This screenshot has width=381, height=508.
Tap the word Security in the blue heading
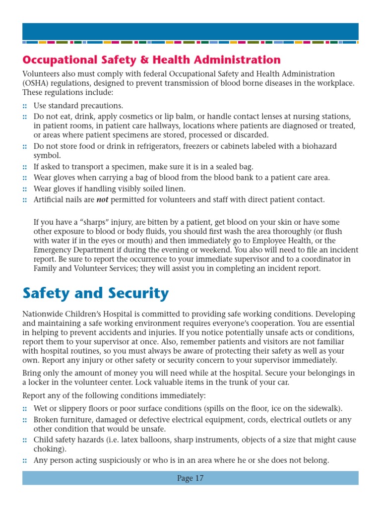pos(141,293)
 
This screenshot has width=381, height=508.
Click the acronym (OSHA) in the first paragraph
pos(36,83)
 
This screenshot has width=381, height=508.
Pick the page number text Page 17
pos(190,478)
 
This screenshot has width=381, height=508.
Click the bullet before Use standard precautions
pos(25,106)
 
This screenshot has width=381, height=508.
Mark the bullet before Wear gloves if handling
pos(25,189)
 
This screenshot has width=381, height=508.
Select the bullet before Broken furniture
pos(25,420)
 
